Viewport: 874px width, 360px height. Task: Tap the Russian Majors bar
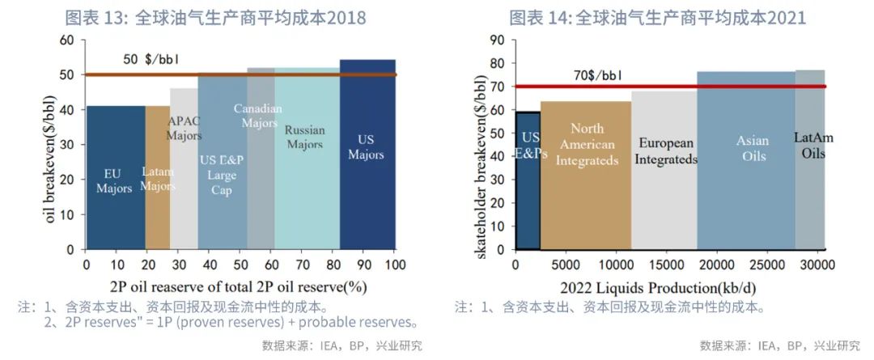click(307, 202)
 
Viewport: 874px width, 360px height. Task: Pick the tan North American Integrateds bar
click(586, 202)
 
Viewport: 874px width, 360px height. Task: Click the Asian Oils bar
click(745, 202)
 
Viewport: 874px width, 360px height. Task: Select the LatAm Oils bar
click(810, 202)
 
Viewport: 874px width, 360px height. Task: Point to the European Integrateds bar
click(664, 202)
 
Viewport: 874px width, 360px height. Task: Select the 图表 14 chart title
click(657, 18)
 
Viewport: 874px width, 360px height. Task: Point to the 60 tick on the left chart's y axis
click(67, 40)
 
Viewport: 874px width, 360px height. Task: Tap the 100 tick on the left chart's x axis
click(395, 265)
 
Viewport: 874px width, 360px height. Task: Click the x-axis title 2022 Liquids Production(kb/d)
click(669, 287)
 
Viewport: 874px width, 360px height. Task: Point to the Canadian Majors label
click(258, 115)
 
